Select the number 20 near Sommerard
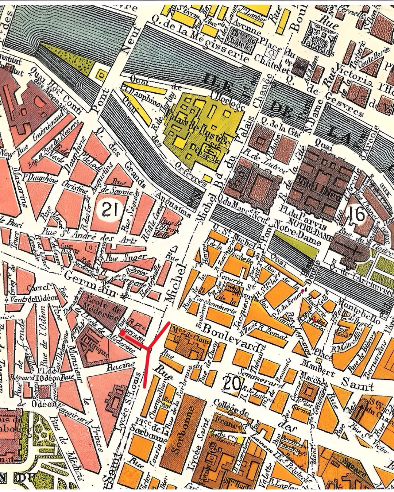pos(231,384)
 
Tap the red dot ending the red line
pos(123,333)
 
